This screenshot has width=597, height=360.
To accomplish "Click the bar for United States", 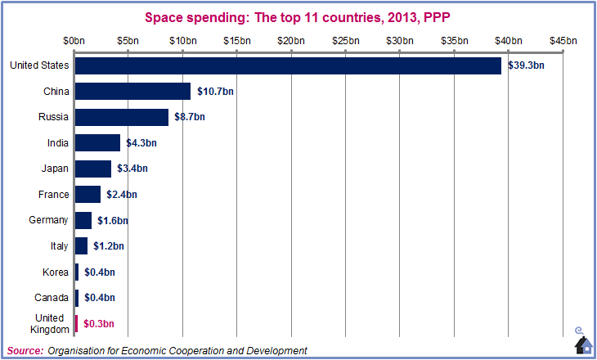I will coord(287,65).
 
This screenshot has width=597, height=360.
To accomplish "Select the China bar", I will coord(132,91).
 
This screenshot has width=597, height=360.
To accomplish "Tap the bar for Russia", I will coord(121,117).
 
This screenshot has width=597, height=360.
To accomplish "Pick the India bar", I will coord(97,142).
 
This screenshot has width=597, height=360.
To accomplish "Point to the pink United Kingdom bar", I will coord(76,323).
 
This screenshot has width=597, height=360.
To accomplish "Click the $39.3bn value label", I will coord(527,65).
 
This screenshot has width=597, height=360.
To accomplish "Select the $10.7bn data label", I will coord(215,91).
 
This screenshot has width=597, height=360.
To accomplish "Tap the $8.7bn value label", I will coord(189,117).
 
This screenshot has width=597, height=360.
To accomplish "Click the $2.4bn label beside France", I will coord(122,195).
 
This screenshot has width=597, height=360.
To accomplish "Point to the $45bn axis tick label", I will coord(563,40).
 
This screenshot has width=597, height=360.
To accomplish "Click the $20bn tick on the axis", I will coord(291,40).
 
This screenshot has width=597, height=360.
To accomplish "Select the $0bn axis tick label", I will coord(74,40).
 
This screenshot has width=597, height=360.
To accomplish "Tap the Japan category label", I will coord(54,169).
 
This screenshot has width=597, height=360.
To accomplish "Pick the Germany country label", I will coord(49,220).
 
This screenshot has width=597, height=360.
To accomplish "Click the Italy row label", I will coord(58,245).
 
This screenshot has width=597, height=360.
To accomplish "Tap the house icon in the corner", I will coord(583,344).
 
